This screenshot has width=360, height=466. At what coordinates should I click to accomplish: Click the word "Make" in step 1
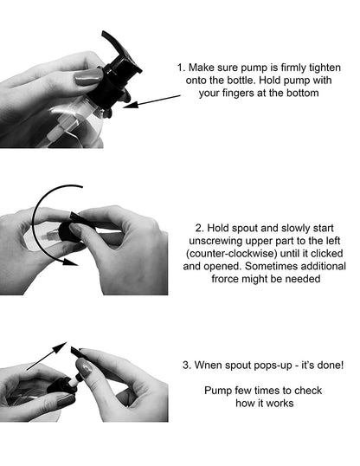coord(201,68)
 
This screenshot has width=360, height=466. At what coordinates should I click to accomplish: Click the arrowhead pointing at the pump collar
coord(131,104)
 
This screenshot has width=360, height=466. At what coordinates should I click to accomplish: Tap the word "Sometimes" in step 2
coord(267,266)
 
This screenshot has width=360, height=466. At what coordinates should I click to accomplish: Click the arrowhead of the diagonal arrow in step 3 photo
coord(61,346)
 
